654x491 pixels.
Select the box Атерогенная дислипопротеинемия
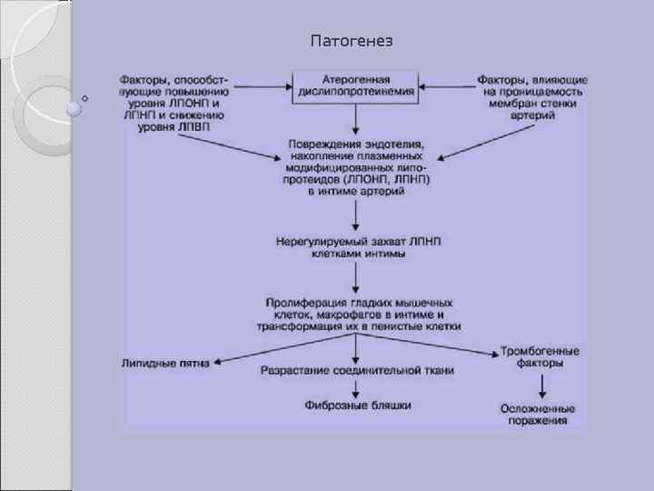(356, 85)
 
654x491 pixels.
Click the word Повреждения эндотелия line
(357, 145)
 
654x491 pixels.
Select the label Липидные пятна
(165, 362)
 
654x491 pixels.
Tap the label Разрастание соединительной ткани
(357, 370)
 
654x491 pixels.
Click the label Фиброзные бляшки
(357, 405)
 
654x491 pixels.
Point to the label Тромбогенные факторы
(540, 356)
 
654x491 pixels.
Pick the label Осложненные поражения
(540, 415)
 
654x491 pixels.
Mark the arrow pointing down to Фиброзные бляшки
(357, 387)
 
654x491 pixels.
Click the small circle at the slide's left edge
(85, 97)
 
